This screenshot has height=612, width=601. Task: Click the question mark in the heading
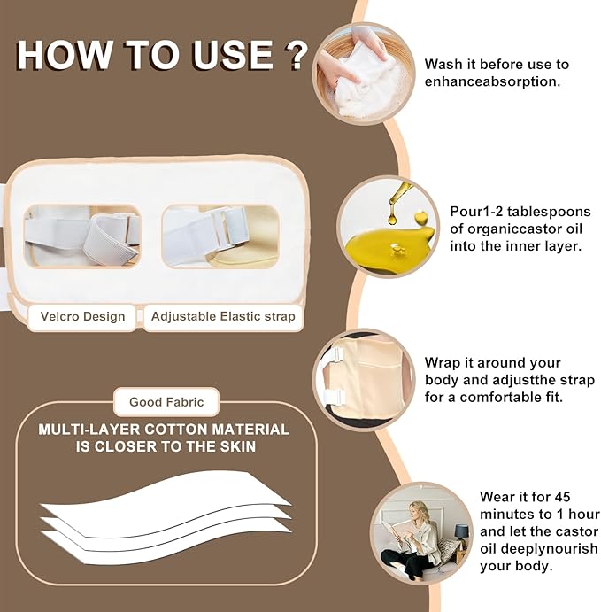(x=297, y=56)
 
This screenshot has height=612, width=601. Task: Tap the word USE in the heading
(x=232, y=55)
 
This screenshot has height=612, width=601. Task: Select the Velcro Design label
(x=82, y=316)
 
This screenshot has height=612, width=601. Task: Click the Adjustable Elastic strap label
(x=223, y=316)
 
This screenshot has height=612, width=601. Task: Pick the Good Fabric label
(x=166, y=402)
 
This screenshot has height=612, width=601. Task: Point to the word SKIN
(x=238, y=446)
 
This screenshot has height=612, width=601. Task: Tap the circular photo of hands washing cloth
(x=364, y=74)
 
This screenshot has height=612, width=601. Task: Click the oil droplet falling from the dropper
(x=392, y=217)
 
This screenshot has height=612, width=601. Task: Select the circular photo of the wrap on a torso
(x=364, y=380)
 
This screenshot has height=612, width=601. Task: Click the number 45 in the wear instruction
(x=561, y=497)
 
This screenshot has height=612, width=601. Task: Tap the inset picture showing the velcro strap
(x=82, y=236)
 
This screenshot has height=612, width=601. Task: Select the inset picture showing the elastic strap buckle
(x=220, y=236)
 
